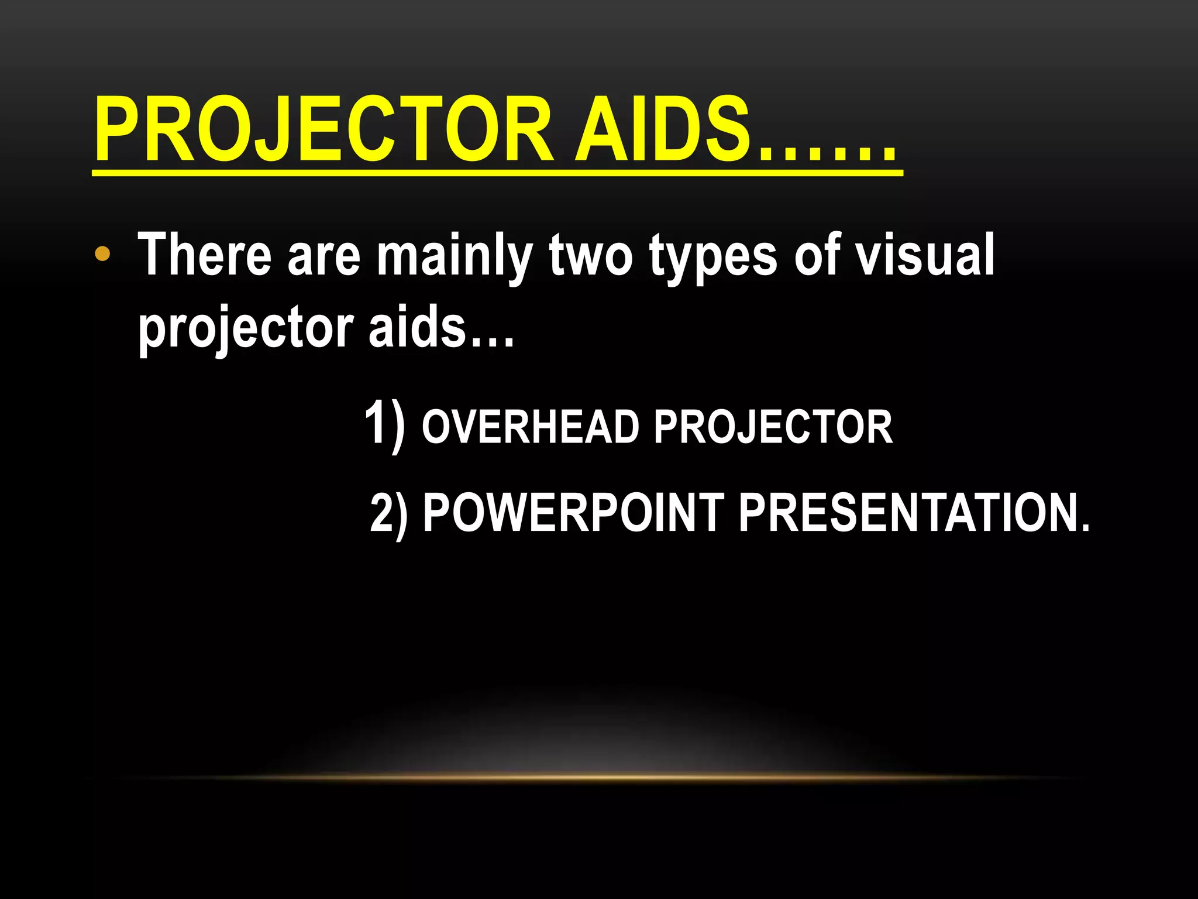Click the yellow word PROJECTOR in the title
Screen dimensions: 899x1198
(324, 130)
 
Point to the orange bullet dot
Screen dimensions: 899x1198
(102, 254)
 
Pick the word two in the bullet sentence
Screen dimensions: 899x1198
(591, 255)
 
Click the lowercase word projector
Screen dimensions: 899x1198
(246, 328)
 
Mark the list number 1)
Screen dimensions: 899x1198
(384, 424)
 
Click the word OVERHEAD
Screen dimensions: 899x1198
(530, 427)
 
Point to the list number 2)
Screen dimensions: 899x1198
(389, 513)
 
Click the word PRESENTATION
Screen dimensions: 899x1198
(907, 513)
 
